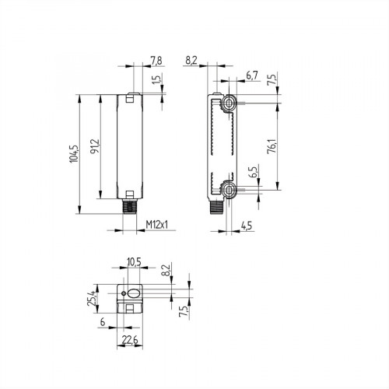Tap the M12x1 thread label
tap(159, 226)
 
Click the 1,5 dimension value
tap(156, 83)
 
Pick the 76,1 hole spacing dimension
tap(271, 145)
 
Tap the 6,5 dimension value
tap(252, 173)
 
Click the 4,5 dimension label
tap(246, 226)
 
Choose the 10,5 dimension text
tap(133, 263)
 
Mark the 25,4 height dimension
tap(92, 297)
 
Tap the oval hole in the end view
tap(133, 294)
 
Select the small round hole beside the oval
tap(123, 293)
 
